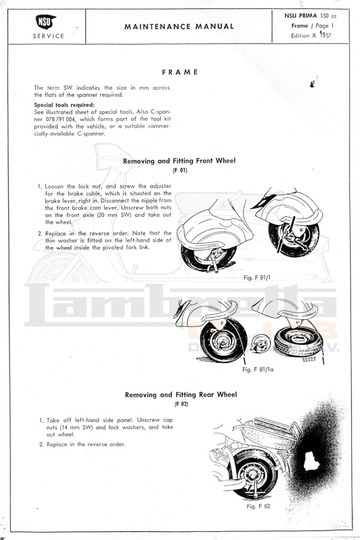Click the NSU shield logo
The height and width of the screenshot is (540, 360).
46,22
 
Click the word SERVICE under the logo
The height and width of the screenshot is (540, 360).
49,36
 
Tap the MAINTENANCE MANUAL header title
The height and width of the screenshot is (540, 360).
179,26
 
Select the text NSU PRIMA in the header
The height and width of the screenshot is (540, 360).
301,16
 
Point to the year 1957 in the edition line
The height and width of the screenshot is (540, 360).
325,35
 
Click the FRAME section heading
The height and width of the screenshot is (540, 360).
180,72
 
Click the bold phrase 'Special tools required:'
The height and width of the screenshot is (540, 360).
64,105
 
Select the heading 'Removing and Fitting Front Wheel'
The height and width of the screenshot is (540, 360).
179,161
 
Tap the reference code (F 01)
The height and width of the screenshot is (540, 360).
180,170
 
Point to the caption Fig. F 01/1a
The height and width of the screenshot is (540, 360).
258,369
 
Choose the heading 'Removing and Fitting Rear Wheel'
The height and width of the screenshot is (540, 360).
181,395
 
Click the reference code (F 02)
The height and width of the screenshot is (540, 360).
182,404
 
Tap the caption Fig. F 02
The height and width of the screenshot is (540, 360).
258,506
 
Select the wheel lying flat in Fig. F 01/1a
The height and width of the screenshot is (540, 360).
298,339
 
